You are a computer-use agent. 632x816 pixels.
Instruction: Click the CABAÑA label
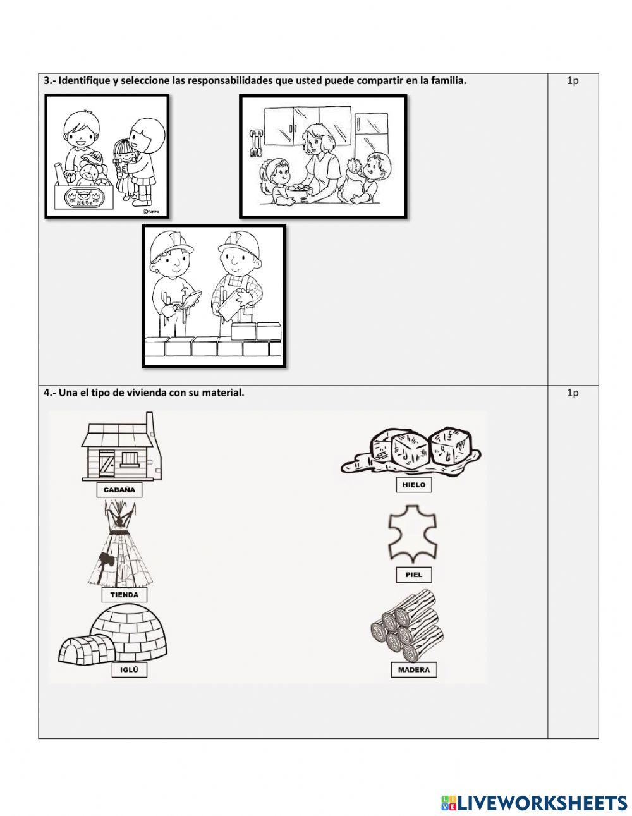(119, 490)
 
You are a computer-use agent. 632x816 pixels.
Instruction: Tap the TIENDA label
(124, 595)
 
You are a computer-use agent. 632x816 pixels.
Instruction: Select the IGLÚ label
(129, 670)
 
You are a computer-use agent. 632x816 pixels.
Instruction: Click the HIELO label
(414, 485)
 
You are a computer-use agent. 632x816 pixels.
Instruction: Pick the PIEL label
(414, 575)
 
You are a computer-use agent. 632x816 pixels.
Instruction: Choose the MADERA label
(414, 670)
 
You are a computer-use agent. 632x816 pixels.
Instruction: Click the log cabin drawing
(121, 449)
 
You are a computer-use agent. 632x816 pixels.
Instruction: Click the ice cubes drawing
(411, 452)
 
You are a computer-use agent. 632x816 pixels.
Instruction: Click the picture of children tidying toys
(107, 155)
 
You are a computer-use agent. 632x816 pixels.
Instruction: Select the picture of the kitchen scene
(322, 156)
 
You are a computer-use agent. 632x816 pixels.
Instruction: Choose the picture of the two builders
(214, 296)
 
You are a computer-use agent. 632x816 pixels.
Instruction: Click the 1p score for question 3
(573, 81)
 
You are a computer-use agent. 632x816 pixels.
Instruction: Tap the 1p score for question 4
(573, 393)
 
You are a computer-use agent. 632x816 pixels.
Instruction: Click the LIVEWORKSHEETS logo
(534, 803)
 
